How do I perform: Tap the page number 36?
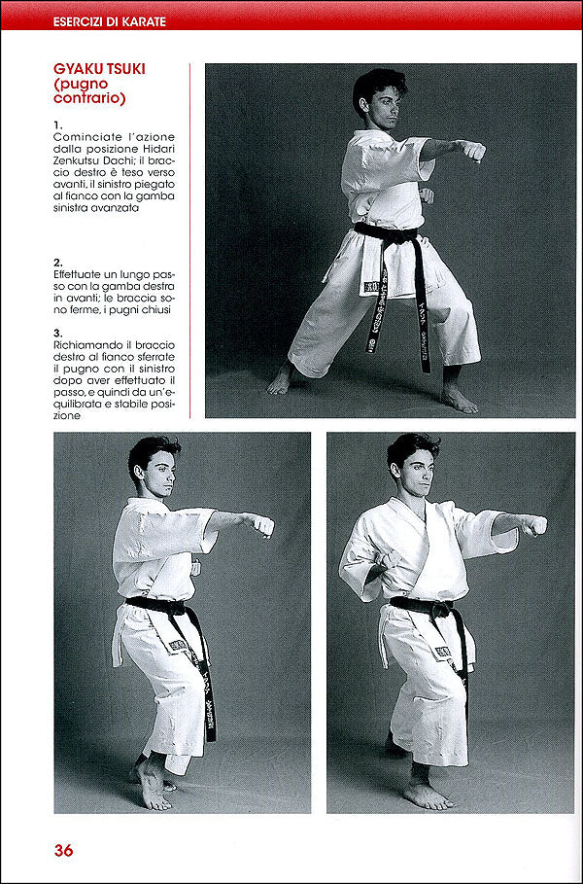(x=63, y=850)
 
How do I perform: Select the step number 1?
(x=58, y=124)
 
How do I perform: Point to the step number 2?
(x=58, y=263)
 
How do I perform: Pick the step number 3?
(x=58, y=332)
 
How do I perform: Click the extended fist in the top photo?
(x=472, y=150)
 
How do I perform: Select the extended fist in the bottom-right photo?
(x=532, y=525)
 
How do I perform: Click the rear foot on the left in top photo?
(x=281, y=380)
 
